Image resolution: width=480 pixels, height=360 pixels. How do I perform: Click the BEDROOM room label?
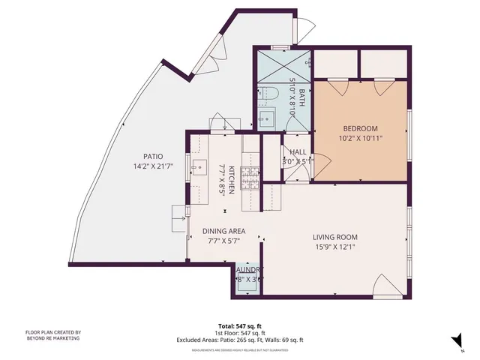[361, 128]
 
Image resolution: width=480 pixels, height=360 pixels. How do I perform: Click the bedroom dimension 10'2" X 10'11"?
[361, 138]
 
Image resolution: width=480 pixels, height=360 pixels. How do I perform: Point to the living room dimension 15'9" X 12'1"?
[335, 248]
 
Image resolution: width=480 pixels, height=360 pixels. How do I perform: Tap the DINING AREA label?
[225, 232]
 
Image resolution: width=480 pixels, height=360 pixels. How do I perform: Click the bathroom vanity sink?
[267, 118]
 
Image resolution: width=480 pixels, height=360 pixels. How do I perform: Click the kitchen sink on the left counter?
[199, 166]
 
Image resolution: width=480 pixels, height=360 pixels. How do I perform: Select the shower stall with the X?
[283, 65]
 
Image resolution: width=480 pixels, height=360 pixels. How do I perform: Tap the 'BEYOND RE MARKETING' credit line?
[53, 338]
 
